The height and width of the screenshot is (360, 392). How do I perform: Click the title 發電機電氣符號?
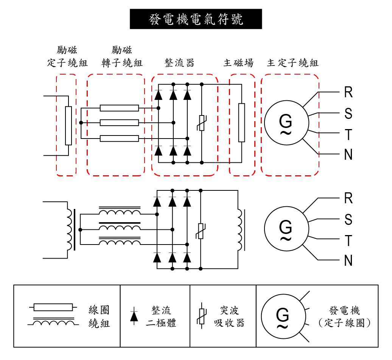[196, 19]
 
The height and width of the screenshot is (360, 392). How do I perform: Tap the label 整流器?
[179, 63]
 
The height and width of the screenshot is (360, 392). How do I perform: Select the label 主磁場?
[238, 63]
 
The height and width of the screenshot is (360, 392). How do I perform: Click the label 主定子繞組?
[292, 63]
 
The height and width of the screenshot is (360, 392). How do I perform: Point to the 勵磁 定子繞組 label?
[67, 56]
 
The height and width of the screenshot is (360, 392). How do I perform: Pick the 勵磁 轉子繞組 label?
[122, 56]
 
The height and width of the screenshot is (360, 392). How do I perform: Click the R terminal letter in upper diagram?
[348, 92]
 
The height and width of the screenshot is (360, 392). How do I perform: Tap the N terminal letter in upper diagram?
[348, 155]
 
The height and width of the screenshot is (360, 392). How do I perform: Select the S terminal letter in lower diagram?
[348, 220]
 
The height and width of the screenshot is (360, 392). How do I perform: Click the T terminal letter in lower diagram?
[348, 240]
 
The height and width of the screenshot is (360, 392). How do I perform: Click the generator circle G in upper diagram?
[286, 123]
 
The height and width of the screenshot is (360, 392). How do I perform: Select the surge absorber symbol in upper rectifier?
[202, 123]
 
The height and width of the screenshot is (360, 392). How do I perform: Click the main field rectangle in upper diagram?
[241, 123]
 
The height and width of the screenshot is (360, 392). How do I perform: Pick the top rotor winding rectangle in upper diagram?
[119, 108]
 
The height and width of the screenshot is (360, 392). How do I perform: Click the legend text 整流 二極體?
[161, 317]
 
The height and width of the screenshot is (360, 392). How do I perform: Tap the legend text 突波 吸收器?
[229, 317]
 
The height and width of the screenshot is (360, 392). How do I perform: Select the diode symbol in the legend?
[134, 316]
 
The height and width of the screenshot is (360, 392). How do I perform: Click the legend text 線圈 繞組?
[99, 317]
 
